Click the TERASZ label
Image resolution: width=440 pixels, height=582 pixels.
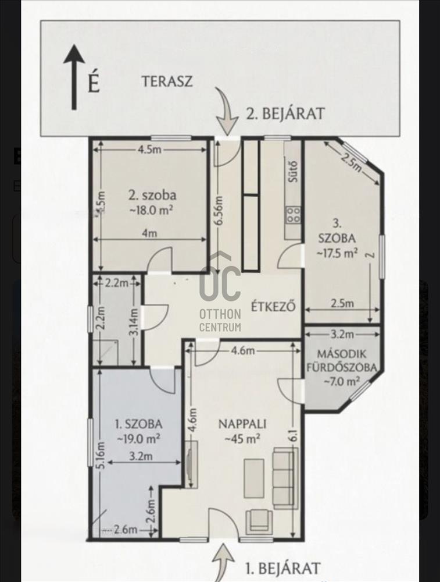click(167, 81)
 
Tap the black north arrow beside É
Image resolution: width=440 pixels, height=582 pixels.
click(74, 77)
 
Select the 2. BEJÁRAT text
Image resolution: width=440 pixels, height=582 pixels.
click(285, 113)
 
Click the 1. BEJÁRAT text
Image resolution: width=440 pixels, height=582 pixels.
click(282, 568)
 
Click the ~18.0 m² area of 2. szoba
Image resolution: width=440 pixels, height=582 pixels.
click(151, 210)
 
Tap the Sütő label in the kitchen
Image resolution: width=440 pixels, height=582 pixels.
click(294, 171)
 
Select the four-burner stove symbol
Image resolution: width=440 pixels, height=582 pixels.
click(293, 215)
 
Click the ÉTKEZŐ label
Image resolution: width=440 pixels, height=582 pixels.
click(273, 307)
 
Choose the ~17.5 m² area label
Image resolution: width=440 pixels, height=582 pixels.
click(337, 253)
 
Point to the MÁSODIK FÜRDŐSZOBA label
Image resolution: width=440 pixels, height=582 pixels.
click(342, 360)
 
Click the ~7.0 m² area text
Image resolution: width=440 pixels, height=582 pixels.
click(342, 381)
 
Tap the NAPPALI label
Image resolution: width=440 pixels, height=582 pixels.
click(242, 424)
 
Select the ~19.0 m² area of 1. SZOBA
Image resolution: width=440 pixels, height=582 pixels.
click(139, 439)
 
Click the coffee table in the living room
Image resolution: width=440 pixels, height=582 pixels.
click(254, 479)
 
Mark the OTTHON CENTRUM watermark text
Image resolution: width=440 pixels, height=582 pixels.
click(220, 320)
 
